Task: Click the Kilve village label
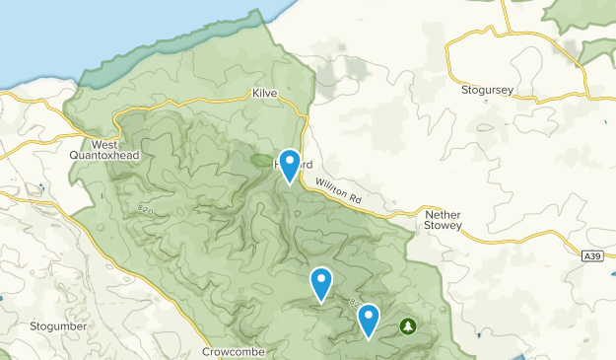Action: (x=264, y=93)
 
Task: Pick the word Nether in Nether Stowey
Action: (x=443, y=213)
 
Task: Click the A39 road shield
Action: (x=591, y=256)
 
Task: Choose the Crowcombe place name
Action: (x=234, y=350)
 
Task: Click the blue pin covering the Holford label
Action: (x=289, y=164)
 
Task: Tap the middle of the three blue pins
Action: (x=321, y=283)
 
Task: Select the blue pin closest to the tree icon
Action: (x=369, y=319)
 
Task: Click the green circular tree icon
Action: (x=406, y=324)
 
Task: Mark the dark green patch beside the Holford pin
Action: (x=263, y=159)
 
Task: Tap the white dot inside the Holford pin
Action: (x=289, y=160)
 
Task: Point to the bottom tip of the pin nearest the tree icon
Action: (x=369, y=338)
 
